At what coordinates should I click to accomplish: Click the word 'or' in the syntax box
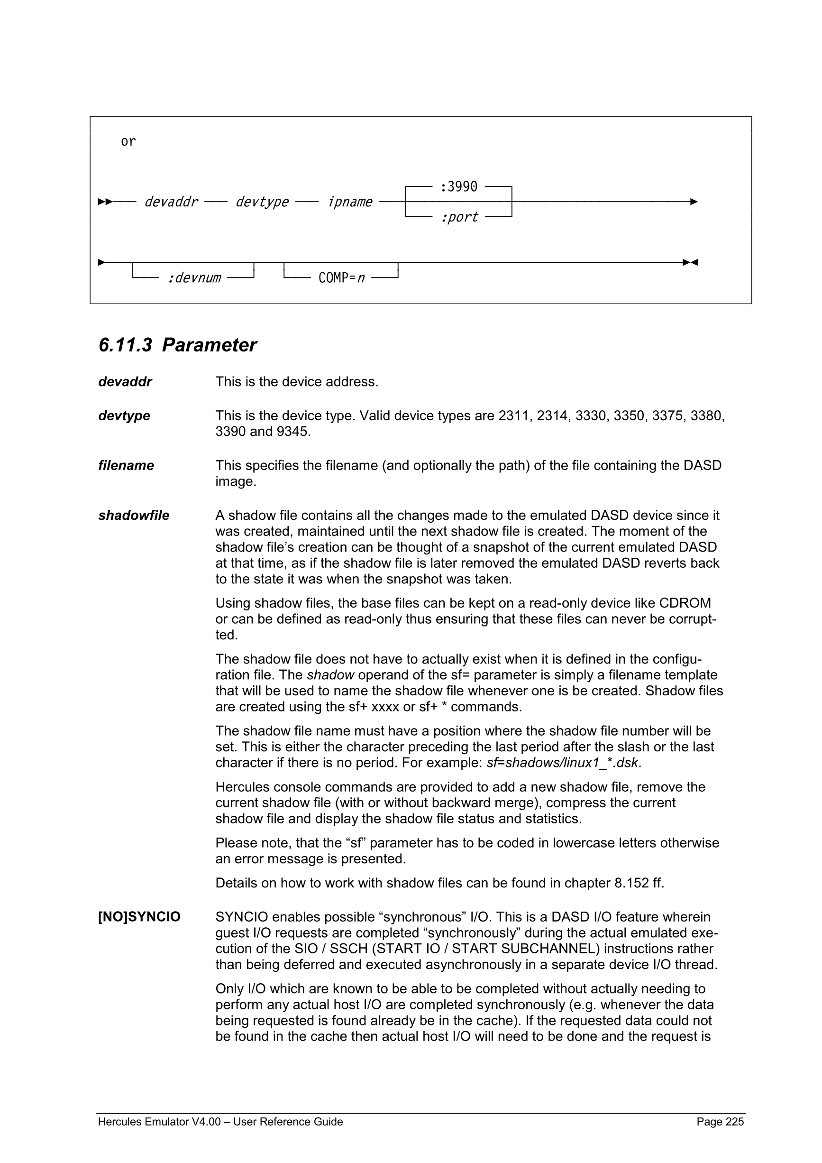tap(128, 141)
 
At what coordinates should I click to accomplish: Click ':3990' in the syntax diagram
tap(458, 187)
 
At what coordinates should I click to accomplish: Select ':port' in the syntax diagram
tap(459, 217)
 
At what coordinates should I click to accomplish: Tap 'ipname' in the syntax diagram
tap(350, 202)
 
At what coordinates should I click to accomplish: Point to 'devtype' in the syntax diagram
tap(262, 202)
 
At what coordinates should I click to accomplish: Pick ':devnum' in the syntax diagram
tap(194, 278)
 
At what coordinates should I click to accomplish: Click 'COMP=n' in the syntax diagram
tap(341, 278)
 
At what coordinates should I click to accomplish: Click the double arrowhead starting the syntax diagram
tap(105, 202)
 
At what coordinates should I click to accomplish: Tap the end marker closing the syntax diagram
tap(690, 262)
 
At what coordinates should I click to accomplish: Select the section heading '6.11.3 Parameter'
tap(177, 345)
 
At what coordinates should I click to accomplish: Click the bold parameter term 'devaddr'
tap(125, 382)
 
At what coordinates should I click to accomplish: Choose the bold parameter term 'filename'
tap(126, 465)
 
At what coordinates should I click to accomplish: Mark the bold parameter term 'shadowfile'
tap(134, 516)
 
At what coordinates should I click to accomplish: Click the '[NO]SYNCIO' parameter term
tap(139, 917)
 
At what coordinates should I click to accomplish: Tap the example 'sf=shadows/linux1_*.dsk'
tap(562, 763)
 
